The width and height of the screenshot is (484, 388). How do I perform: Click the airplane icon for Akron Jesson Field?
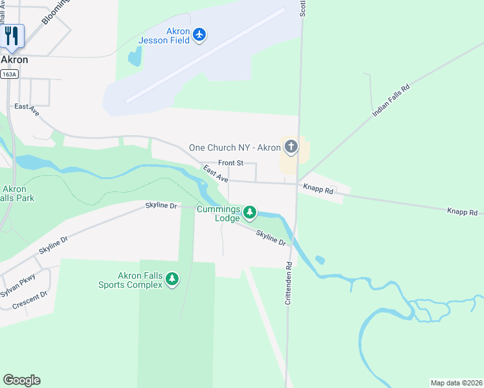point(199,34)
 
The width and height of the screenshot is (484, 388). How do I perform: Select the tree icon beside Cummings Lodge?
point(249,212)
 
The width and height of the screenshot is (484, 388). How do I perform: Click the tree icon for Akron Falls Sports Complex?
point(171,279)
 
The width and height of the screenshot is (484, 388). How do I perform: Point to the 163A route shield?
point(10,74)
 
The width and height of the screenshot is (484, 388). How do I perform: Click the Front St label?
point(230,163)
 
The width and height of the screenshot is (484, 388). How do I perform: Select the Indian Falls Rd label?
point(391,100)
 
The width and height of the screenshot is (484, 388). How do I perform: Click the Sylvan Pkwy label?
point(17,285)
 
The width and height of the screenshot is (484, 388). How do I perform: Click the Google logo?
point(21,380)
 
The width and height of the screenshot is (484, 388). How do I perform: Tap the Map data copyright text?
point(456,383)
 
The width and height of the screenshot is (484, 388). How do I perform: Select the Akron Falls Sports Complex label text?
point(130,280)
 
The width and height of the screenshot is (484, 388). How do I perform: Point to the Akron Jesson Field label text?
point(164,36)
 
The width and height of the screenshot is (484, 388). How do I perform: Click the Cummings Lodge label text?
point(228,214)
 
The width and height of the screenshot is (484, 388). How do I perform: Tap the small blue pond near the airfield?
point(135,58)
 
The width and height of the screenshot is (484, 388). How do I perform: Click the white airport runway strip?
point(205,55)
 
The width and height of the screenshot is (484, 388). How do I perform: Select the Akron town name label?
point(14,59)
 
